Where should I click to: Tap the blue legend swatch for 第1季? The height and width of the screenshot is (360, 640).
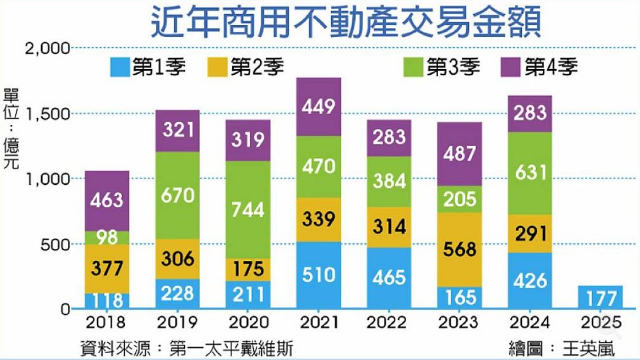pos(120,68)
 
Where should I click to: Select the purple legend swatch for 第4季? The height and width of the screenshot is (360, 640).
pos(511,68)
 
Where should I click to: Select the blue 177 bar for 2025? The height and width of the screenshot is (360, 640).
pos(600,297)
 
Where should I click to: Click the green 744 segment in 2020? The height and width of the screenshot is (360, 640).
pos(249,209)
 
